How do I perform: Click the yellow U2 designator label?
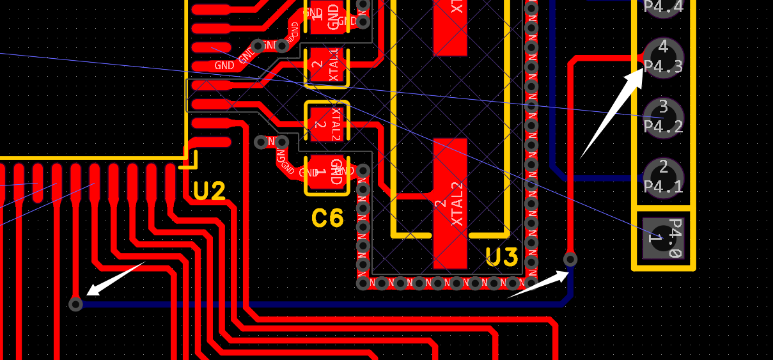209,191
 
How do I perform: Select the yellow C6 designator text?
327,219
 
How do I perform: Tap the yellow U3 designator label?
501,257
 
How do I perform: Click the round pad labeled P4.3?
663,58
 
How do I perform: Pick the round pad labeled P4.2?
663,118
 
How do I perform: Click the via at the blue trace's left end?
75,304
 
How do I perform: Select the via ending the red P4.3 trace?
570,259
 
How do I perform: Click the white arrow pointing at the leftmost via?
115,278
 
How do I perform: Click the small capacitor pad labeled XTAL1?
327,67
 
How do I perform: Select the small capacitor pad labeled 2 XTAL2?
327,122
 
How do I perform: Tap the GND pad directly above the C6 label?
327,174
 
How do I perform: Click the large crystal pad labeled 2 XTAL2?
449,203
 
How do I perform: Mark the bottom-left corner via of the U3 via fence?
363,283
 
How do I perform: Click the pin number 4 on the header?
663,47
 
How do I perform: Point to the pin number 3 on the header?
663,106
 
